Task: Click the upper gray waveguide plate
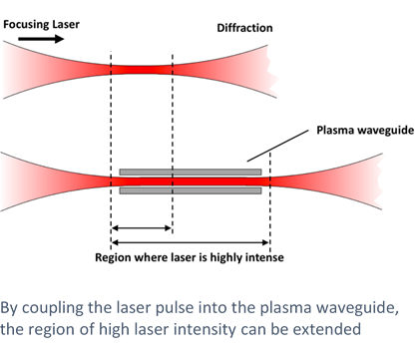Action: pyautogui.click(x=190, y=172)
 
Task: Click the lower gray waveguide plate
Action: pyautogui.click(x=190, y=189)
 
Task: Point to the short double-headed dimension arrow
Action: pyautogui.click(x=142, y=228)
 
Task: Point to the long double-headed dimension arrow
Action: pyautogui.click(x=191, y=242)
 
